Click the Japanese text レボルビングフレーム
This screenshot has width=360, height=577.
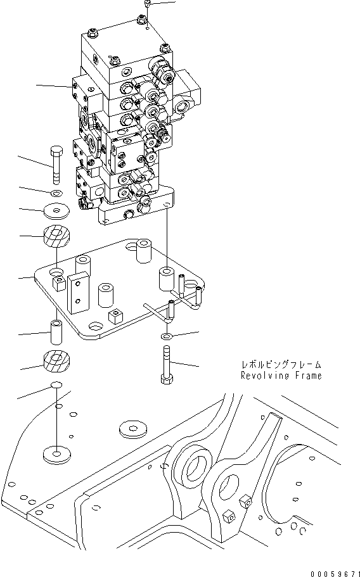281,365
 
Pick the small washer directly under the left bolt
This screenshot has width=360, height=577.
56,193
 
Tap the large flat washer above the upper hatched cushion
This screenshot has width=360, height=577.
56,210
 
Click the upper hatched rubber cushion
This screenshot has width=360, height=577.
56,239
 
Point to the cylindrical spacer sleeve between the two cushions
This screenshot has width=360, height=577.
56,331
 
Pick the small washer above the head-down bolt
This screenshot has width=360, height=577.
166,335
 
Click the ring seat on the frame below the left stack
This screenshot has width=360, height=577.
56,454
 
